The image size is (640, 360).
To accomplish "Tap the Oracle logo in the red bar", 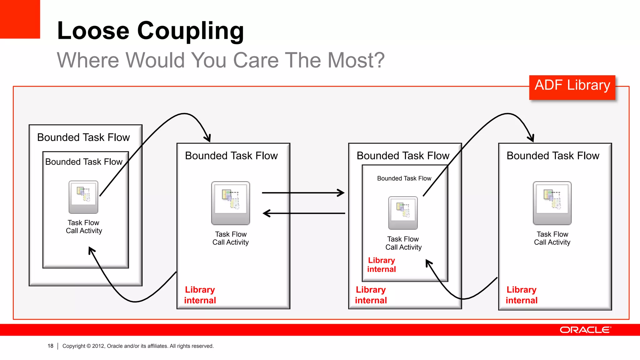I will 585,330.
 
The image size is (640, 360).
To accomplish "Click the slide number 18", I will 50,346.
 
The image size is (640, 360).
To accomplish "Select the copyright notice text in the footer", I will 138,346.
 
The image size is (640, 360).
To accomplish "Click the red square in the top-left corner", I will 20,19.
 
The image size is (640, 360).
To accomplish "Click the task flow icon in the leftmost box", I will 83,197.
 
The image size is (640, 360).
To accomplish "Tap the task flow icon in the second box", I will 231,203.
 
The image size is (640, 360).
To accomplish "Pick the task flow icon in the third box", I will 403,212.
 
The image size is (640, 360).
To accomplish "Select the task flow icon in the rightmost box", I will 552,203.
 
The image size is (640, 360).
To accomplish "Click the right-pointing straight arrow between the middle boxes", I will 303,193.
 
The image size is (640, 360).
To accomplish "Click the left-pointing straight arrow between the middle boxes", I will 303,213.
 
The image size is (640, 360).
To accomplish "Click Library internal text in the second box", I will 200,295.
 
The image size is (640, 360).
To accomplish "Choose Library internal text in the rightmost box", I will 522,295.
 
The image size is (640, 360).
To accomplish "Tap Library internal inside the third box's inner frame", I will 382,265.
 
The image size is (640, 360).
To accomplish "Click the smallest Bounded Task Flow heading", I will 404,178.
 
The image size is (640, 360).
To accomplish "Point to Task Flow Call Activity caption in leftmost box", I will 84,227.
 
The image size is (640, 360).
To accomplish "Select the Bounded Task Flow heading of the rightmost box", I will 553,156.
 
